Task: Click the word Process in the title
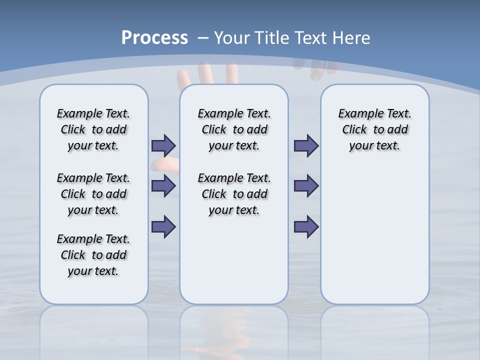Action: coord(154,38)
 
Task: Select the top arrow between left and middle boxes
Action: coord(163,145)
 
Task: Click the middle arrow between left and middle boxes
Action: coord(163,186)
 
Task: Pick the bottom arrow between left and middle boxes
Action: coord(163,226)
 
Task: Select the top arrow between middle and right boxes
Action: coord(306,145)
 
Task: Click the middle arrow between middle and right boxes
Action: coord(306,186)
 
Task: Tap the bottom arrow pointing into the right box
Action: coord(306,226)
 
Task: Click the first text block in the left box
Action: coord(93,129)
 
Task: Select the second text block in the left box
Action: coord(93,194)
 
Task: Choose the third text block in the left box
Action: coord(93,255)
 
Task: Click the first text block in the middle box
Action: coord(234,129)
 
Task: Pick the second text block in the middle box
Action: coord(234,194)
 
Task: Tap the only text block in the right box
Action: coord(375,129)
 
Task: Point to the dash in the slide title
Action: coord(203,38)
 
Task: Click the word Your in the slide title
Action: coord(231,38)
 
